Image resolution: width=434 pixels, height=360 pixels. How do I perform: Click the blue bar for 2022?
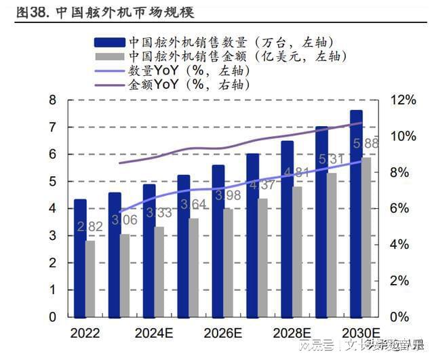[x=80, y=258]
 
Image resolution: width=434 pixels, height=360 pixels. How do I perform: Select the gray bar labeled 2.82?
[x=90, y=279]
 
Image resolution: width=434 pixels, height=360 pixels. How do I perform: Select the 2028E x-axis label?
[x=292, y=333]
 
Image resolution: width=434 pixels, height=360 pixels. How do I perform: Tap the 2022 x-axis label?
[x=85, y=333]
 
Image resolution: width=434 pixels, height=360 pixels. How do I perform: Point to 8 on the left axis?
[x=52, y=100]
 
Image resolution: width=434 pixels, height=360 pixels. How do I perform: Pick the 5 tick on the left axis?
[x=52, y=182]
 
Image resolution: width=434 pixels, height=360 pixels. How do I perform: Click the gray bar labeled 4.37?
[x=262, y=258]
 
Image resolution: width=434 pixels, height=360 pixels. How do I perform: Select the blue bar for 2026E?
[x=218, y=241]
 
